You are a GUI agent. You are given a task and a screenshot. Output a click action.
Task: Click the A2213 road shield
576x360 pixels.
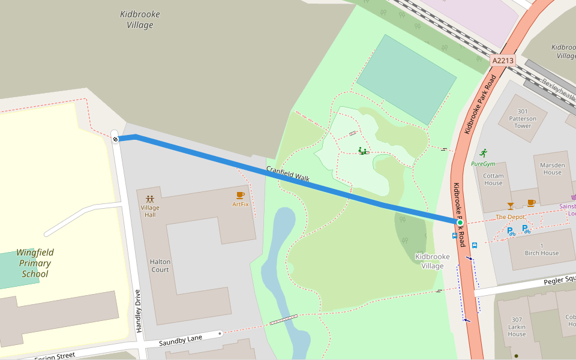pos(503,61)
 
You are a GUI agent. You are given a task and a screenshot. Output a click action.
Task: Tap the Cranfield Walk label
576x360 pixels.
pos(287,174)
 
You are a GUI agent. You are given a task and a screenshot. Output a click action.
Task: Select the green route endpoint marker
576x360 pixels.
pos(460,223)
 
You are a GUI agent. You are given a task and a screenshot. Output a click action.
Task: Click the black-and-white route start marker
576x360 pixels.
pos(115,139)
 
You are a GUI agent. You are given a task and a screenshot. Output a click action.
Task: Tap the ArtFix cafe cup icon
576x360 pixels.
pos(240,195)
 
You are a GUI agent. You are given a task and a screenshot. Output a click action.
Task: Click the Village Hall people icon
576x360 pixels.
pos(150,199)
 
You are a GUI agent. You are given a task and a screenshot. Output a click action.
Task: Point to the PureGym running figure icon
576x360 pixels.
pos(483,153)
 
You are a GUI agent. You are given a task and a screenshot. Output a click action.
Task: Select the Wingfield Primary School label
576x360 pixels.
pos(34,263)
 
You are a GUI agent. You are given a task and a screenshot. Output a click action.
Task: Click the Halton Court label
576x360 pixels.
pos(160,266)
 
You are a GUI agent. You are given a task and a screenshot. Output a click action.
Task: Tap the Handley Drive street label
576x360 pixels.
pos(138,311)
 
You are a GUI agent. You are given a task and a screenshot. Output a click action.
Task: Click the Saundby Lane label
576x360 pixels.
pos(181,341)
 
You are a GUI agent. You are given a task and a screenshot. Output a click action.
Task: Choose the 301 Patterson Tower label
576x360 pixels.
pos(522,118)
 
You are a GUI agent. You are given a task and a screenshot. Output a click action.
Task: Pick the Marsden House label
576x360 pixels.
pos(552,169)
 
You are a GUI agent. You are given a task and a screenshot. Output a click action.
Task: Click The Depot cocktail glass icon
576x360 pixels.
pos(510,206)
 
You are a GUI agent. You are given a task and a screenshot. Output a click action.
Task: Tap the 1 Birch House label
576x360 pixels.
pos(541,249)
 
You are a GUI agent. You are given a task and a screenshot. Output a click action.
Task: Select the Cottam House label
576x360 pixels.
pos(493,179)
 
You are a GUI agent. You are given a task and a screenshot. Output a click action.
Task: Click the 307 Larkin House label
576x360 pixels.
pos(517,327)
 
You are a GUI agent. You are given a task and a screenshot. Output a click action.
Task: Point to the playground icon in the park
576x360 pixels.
pos(362,151)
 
